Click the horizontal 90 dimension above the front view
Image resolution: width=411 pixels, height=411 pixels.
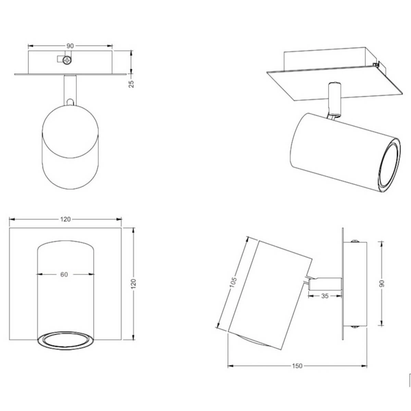(x=70, y=46)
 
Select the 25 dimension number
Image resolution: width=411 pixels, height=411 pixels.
(x=132, y=84)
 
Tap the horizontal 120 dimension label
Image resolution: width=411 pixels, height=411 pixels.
(x=66, y=219)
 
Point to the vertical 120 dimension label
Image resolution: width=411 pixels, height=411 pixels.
(x=134, y=284)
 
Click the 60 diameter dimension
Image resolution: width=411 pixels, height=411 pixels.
(x=64, y=275)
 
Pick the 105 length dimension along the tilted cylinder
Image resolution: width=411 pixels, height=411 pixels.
(x=233, y=282)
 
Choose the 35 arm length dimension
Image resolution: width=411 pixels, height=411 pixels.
(x=325, y=296)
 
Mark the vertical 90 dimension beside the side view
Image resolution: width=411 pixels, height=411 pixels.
(x=382, y=284)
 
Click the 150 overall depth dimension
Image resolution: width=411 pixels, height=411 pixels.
(x=297, y=366)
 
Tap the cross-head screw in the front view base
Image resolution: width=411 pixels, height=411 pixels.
(x=67, y=60)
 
